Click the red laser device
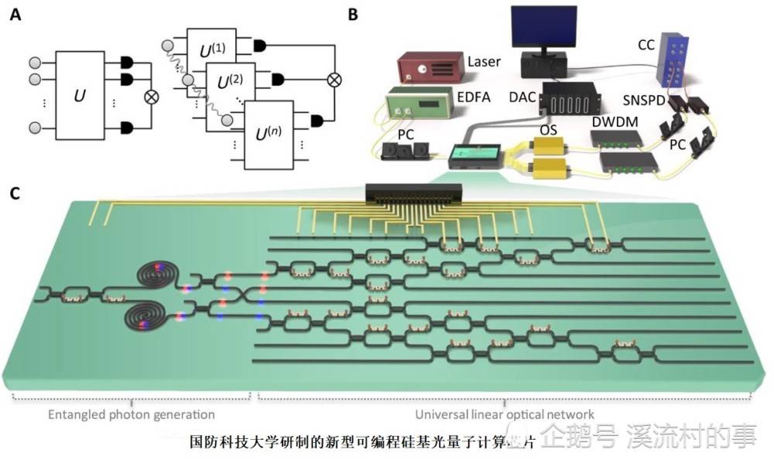pos(430,67)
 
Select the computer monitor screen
pos(544,30)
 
